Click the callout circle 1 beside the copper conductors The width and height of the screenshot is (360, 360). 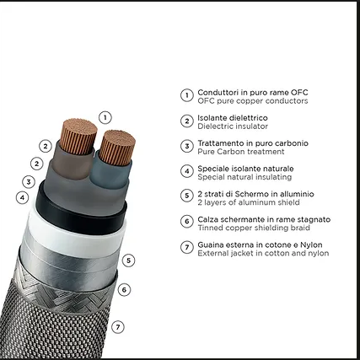(x=105, y=117)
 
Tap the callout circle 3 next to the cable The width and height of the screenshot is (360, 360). (x=29, y=182)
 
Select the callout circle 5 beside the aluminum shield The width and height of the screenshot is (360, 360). (x=128, y=261)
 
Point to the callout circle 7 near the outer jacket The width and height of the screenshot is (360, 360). (x=118, y=327)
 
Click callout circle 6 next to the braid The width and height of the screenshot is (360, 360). (x=124, y=289)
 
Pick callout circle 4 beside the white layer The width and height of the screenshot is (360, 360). (x=22, y=197)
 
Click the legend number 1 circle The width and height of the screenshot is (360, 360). (x=187, y=95)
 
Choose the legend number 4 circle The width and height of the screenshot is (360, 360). (x=187, y=171)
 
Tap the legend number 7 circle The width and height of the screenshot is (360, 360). (x=187, y=247)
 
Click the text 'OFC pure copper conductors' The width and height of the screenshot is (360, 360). (x=253, y=101)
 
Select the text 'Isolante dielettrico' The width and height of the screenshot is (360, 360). (x=233, y=118)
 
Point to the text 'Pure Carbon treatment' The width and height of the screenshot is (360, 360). (x=241, y=152)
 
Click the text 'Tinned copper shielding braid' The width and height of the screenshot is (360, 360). (x=254, y=228)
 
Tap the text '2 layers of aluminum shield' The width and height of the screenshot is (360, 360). (x=249, y=202)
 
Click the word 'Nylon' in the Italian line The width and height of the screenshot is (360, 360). (x=311, y=244)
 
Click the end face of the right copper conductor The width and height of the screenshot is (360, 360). (x=118, y=140)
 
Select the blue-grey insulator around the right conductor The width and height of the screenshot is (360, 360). (x=111, y=175)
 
